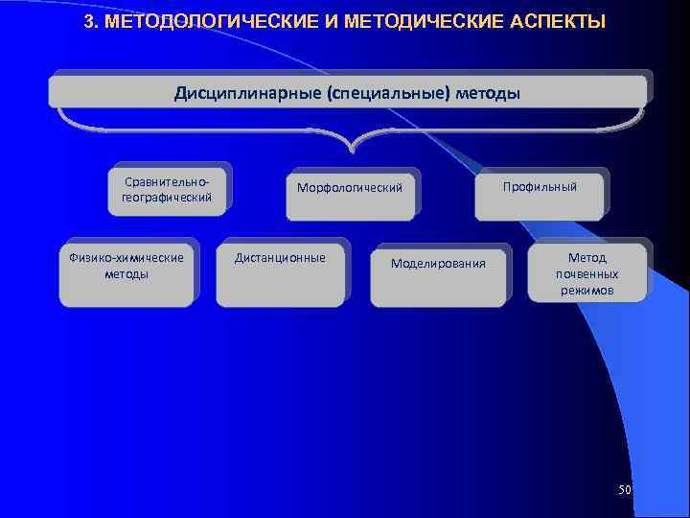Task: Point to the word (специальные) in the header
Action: click(387, 93)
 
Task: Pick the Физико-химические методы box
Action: click(126, 272)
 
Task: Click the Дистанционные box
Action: click(280, 272)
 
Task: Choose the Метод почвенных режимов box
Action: click(587, 272)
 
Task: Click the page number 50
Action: click(625, 490)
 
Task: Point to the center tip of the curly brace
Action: click(353, 151)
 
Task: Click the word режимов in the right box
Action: click(587, 290)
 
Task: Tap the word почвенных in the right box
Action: click(587, 273)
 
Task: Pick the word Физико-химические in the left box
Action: click(126, 257)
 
